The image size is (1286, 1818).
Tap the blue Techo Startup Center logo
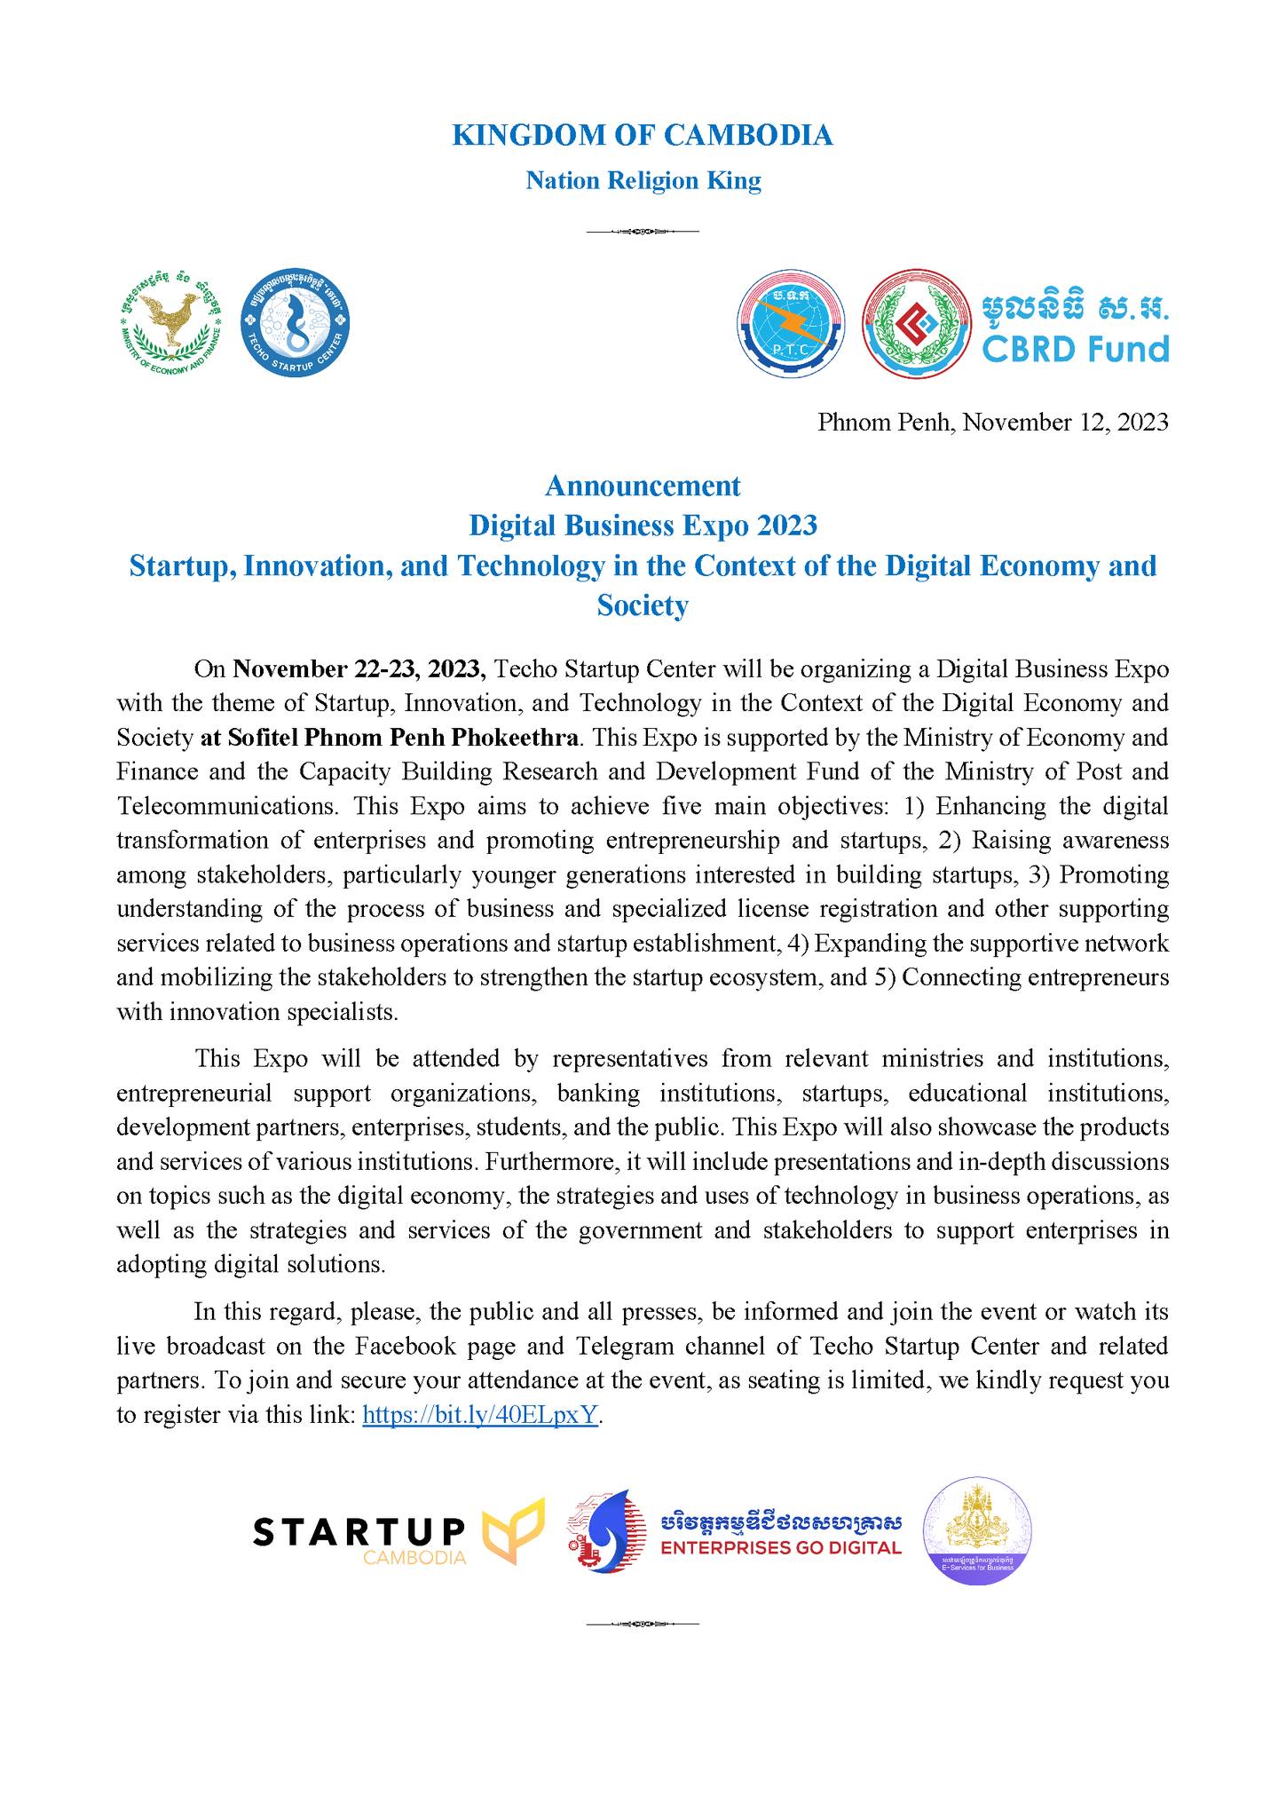[x=296, y=320]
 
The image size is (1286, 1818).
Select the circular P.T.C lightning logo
[x=792, y=323]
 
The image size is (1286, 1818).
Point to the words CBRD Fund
[x=1076, y=348]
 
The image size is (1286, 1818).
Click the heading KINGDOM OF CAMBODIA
[x=643, y=135]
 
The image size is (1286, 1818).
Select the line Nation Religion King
[x=643, y=181]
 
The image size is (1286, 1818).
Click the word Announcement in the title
[x=643, y=486]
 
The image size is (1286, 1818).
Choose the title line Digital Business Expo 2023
[x=643, y=526]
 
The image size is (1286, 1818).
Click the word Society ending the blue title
[x=643, y=605]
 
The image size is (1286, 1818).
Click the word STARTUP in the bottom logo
[x=359, y=1529]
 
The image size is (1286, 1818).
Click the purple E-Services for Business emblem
[x=977, y=1530]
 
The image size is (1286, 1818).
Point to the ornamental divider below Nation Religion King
[x=643, y=233]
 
